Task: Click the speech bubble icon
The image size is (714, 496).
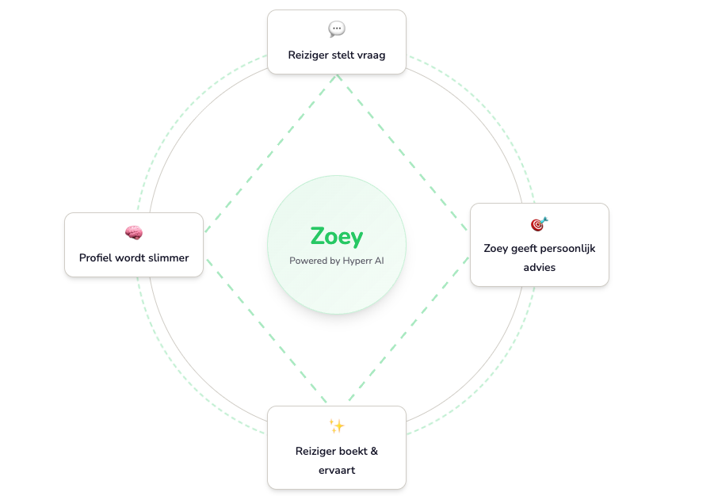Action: click(337, 29)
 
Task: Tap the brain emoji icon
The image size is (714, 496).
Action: click(134, 233)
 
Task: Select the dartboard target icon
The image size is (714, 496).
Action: click(539, 224)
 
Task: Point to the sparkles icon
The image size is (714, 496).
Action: click(337, 426)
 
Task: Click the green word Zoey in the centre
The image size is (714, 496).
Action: click(337, 236)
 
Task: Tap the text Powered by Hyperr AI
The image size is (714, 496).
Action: click(337, 260)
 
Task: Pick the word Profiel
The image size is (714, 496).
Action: click(97, 258)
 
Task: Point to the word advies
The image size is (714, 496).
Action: click(540, 267)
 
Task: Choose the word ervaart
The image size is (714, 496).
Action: click(337, 470)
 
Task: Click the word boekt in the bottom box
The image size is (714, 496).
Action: click(352, 451)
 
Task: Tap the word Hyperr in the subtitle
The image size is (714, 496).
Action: click(358, 260)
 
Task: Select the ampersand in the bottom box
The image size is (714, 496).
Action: click(374, 451)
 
